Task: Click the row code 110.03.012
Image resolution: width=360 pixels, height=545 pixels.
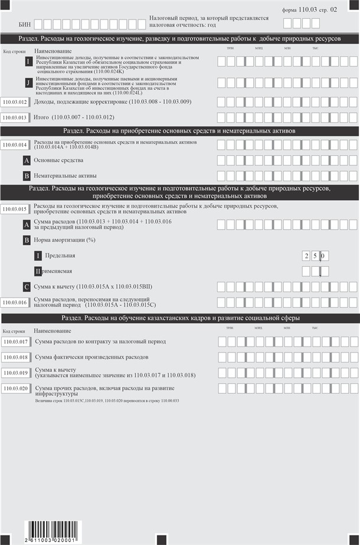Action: (15, 102)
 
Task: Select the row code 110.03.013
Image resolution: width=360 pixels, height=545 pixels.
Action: (15, 118)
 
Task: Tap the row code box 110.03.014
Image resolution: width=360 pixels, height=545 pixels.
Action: (15, 144)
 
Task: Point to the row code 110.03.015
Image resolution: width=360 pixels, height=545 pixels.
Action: (15, 209)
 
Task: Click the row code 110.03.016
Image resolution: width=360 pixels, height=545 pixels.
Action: (15, 302)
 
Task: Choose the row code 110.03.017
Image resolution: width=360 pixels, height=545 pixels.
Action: (15, 342)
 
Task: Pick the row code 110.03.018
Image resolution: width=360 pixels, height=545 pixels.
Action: (15, 357)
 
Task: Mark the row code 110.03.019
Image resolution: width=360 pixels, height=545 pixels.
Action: (15, 373)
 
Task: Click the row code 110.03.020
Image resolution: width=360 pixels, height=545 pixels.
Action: (15, 388)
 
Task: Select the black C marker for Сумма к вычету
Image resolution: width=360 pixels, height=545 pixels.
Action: (27, 287)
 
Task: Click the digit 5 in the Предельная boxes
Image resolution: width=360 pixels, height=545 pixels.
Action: (315, 256)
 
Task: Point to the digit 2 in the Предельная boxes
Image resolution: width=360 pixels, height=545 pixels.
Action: (306, 256)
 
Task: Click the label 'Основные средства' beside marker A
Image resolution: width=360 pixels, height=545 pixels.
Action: (58, 160)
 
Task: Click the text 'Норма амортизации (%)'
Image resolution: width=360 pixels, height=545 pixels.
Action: (64, 240)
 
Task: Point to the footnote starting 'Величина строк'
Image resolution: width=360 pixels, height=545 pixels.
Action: (107, 400)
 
